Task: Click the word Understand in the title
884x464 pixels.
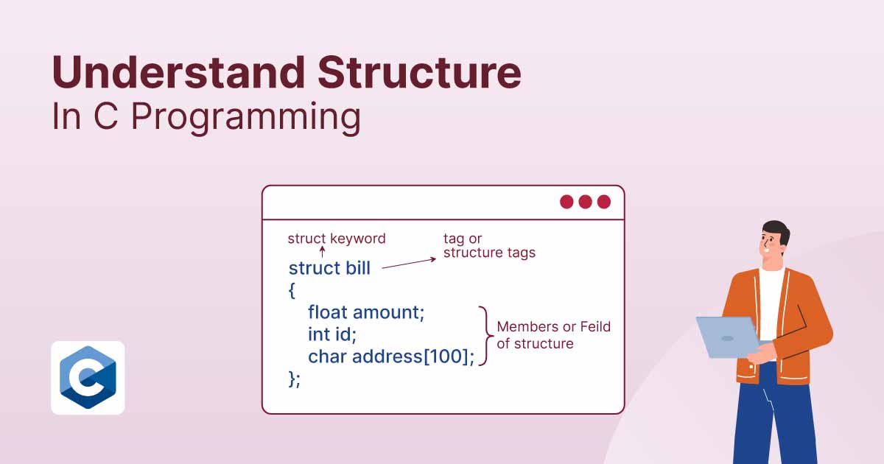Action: click(178, 73)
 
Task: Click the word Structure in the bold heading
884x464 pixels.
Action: click(419, 73)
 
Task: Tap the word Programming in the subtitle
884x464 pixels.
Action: click(245, 118)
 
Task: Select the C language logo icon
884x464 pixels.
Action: click(88, 378)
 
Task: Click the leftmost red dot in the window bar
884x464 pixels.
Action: click(566, 202)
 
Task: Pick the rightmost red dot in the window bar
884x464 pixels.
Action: click(604, 202)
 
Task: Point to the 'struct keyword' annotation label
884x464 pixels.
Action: click(336, 239)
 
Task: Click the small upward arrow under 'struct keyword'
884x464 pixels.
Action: click(322, 252)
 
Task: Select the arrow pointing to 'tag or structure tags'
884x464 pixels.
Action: click(409, 263)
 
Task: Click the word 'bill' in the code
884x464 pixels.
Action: click(358, 268)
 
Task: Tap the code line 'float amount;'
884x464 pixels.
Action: click(366, 312)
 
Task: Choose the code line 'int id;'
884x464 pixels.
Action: click(332, 334)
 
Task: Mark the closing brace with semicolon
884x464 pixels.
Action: click(295, 379)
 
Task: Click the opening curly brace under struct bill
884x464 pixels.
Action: click(292, 290)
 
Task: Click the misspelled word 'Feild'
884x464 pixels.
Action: click(594, 327)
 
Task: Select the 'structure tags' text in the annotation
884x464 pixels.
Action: click(489, 253)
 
